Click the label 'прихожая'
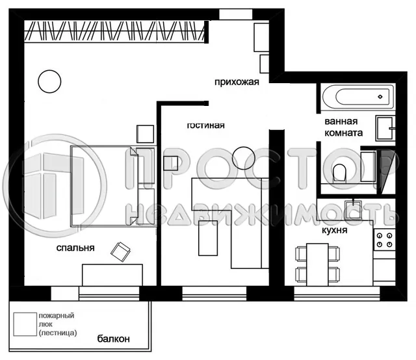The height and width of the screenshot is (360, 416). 238,81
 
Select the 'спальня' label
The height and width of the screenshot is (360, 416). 75,248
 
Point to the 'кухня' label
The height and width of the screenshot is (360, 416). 334,230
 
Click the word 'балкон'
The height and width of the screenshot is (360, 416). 114,339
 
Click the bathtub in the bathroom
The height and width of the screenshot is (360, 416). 357,98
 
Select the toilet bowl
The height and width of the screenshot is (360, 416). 339,172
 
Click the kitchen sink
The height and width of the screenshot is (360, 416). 355,209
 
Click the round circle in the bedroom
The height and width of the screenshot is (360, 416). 47,81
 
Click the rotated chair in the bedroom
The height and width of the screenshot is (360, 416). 121,251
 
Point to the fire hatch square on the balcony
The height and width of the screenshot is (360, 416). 24,324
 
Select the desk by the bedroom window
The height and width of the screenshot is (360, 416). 112,275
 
